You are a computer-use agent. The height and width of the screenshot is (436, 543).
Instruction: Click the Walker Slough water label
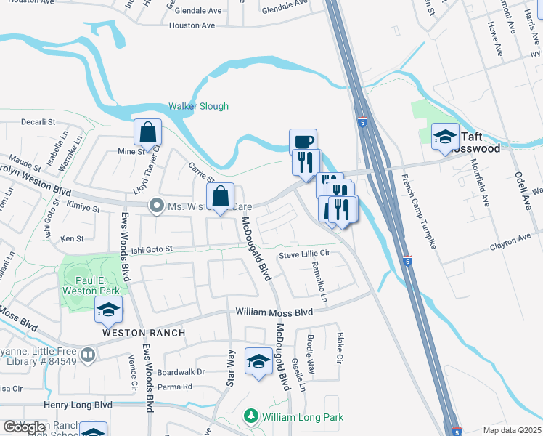click(x=198, y=106)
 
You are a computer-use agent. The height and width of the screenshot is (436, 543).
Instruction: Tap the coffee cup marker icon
click(x=303, y=140)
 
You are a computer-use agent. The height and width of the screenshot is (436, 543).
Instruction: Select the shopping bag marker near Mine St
click(x=147, y=132)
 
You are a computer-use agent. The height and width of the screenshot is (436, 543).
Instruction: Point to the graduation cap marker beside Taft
click(x=444, y=136)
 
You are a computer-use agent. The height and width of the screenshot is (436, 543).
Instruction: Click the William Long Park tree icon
click(x=251, y=417)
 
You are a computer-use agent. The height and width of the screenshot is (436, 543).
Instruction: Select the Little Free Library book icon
click(x=87, y=355)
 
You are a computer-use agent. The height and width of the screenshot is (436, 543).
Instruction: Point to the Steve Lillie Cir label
click(x=305, y=254)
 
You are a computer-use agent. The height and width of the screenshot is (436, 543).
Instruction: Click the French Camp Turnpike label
click(x=417, y=211)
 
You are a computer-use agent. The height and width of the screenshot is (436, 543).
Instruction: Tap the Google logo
click(x=24, y=427)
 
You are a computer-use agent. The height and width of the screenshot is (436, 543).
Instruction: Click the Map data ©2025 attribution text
click(x=512, y=430)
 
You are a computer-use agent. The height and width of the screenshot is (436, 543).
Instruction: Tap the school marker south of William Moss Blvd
click(x=258, y=360)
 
